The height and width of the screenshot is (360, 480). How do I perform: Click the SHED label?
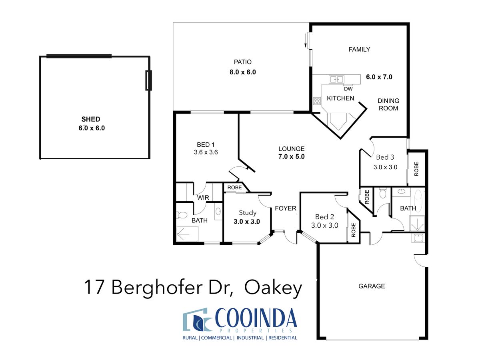pyautogui.click(x=90, y=119)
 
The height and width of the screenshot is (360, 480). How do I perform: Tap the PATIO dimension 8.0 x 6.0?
pyautogui.click(x=242, y=72)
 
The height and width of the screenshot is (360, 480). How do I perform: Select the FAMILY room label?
pyautogui.click(x=359, y=49)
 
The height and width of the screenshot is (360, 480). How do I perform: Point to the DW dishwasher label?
pyautogui.click(x=348, y=89)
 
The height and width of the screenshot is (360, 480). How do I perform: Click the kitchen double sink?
pyautogui.click(x=336, y=79)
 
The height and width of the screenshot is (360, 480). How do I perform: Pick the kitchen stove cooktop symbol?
pyautogui.click(x=317, y=101)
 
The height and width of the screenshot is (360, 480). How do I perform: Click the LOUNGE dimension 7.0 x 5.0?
pyautogui.click(x=291, y=156)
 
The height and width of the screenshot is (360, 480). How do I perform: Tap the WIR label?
pyautogui.click(x=203, y=198)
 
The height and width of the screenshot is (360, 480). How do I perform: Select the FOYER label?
pyautogui.click(x=285, y=208)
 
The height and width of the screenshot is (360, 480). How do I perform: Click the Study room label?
pyautogui.click(x=247, y=213)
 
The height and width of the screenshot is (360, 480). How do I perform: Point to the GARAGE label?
pyautogui.click(x=371, y=286)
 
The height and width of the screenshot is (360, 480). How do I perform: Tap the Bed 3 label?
pyautogui.click(x=385, y=157)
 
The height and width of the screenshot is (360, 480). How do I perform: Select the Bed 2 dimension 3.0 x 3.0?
pyautogui.click(x=324, y=225)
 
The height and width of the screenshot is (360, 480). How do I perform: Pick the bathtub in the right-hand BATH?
pyautogui.click(x=418, y=201)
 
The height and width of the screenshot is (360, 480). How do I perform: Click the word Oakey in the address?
pyautogui.click(x=273, y=288)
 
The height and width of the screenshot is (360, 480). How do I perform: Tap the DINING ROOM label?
pyautogui.click(x=388, y=104)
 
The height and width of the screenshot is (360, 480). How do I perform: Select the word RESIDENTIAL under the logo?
pyautogui.click(x=282, y=338)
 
